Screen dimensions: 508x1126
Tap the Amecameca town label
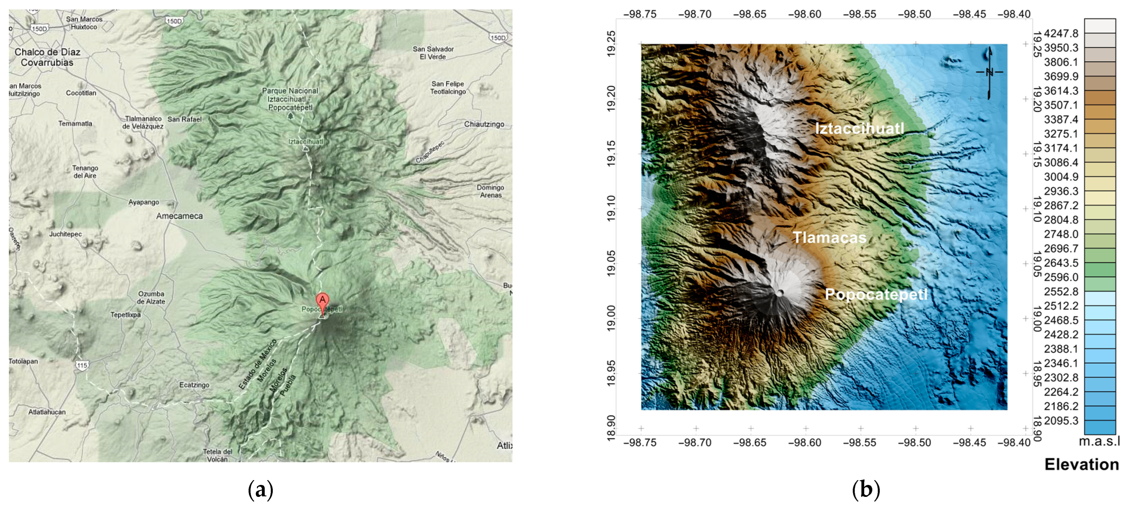tap(179, 216)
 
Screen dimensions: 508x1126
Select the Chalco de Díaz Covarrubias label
tap(47, 57)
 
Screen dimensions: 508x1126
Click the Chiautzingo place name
tap(484, 124)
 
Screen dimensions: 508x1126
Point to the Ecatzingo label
tap(194, 385)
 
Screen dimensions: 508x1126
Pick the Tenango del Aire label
tap(85, 172)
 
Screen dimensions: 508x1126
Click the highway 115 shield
tap(82, 365)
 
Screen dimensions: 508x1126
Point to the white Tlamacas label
tap(829, 237)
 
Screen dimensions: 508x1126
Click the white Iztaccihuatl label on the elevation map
tap(859, 128)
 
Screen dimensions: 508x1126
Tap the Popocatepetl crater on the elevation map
tap(780, 293)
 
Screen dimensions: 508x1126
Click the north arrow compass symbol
tap(989, 73)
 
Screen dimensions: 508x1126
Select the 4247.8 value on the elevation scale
tap(1061, 33)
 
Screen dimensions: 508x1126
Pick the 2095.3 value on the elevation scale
tap(1061, 421)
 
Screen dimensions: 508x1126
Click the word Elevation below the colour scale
tap(1082, 464)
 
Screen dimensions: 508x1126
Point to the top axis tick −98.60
tap(804, 14)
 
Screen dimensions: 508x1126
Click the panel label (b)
tap(866, 490)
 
